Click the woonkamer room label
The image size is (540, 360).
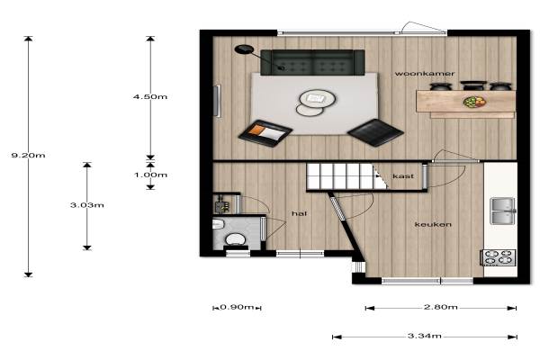coord(425,74)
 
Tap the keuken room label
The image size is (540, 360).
coord(433,225)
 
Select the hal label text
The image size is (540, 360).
coord(299,213)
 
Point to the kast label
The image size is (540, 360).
coord(403,176)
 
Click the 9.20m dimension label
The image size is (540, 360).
coord(28,156)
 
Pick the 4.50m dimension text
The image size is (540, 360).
coord(150,97)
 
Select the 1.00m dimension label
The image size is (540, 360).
coord(150,175)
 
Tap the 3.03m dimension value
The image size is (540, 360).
coord(86,205)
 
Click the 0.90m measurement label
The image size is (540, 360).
coord(237,307)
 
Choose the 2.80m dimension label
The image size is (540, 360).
coord(441,307)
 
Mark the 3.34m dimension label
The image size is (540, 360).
coord(425,336)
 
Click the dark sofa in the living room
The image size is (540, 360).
coord(312,62)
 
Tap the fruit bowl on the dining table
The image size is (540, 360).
coord(474,102)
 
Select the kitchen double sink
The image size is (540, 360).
coord(503,211)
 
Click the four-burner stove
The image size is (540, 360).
coord(499,257)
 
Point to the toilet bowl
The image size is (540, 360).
coord(235,239)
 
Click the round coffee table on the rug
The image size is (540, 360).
coord(317,98)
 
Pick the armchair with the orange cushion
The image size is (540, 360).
coord(265,133)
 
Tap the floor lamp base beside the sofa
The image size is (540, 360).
coord(244,49)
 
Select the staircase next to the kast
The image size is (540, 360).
coord(347,176)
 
